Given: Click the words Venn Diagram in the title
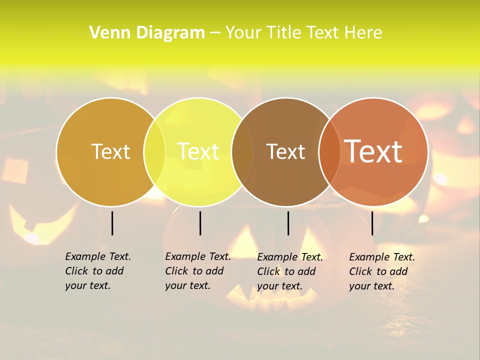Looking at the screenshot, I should click(x=147, y=32).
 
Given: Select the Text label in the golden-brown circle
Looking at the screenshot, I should click(x=110, y=151).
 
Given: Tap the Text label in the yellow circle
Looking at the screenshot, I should click(x=198, y=151).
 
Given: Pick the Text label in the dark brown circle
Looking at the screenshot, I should click(x=285, y=151).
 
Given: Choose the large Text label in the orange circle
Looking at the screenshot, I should click(x=373, y=151).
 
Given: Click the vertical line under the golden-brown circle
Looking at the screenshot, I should click(x=112, y=223).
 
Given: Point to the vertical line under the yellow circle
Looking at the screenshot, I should click(x=200, y=223).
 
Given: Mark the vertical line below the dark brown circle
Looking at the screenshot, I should click(x=288, y=223).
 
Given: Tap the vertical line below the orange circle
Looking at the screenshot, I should click(x=372, y=223).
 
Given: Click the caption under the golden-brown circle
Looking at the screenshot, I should click(x=98, y=271).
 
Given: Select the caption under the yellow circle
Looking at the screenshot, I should click(x=198, y=271).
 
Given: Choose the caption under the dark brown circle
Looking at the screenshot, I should click(x=290, y=271).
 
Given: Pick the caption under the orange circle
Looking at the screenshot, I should click(x=382, y=271).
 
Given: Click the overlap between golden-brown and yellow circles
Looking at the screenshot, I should click(x=154, y=152).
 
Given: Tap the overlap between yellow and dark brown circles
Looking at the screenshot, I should click(x=242, y=152).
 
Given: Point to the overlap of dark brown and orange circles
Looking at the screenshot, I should click(x=329, y=152).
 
